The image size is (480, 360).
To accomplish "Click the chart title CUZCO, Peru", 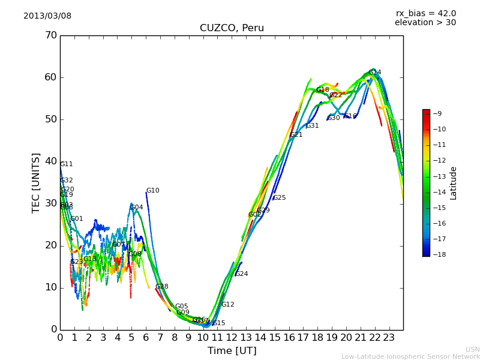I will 232,28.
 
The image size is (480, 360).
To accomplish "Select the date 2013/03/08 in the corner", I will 47,16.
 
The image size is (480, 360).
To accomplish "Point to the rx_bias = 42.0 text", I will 425,13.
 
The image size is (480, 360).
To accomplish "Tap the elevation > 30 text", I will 425,23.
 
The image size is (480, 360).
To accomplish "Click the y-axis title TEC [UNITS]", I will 36,182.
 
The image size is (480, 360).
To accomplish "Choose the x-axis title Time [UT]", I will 232,350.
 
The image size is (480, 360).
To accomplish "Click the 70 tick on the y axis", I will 50,35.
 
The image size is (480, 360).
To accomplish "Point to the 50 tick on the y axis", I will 50,119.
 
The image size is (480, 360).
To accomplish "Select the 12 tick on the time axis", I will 232,337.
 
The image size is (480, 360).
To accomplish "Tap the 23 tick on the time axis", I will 389,337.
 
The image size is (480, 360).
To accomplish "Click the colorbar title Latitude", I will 454,182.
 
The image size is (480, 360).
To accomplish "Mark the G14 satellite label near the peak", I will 374,72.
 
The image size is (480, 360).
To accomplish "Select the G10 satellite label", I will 152,191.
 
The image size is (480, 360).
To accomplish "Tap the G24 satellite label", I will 241,274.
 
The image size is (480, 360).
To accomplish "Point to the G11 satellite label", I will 66,164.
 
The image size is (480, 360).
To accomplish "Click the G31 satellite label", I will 312,125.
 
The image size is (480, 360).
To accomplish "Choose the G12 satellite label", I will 227,304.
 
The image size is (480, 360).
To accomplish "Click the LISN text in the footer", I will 473,349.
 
